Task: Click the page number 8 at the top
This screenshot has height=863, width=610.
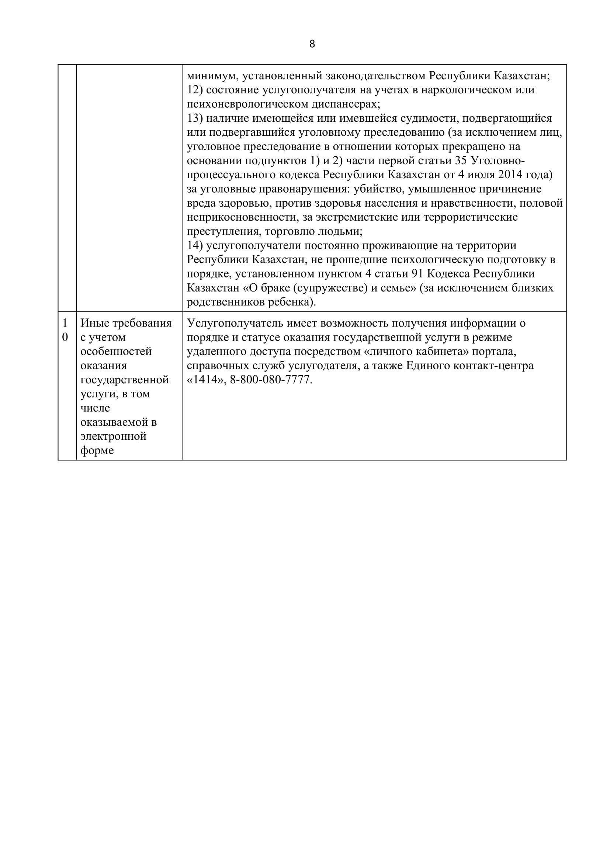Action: (312, 44)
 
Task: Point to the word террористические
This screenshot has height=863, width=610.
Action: (471, 217)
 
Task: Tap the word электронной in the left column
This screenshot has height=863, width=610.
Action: (114, 436)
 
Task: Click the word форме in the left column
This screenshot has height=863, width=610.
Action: (97, 450)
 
